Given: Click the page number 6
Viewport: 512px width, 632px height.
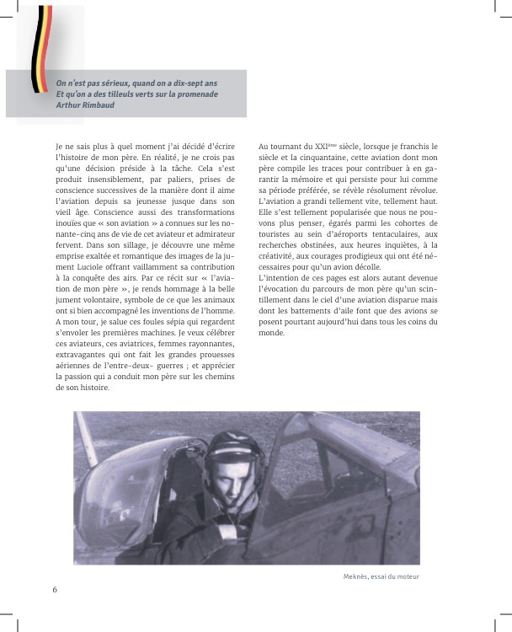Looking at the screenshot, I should coord(55,588).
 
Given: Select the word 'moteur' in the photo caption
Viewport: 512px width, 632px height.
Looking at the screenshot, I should coord(406,576).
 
